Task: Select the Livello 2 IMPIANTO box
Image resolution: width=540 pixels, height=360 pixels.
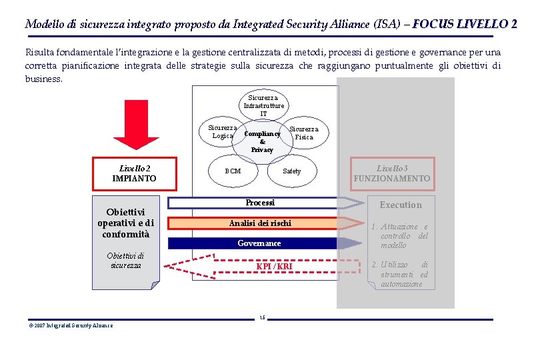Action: click(134, 173)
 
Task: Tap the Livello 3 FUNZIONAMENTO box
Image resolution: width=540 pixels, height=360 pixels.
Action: click(392, 173)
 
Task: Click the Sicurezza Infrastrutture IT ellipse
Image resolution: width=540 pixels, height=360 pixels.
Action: click(263, 105)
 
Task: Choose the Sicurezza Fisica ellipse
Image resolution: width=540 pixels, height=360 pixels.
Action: click(305, 133)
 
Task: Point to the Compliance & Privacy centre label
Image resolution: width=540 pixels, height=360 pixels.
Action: click(262, 141)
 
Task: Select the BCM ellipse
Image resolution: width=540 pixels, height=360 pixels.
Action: click(233, 171)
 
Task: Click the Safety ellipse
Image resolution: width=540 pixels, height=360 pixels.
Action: click(291, 171)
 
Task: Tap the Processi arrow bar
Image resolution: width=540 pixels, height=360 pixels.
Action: click(260, 203)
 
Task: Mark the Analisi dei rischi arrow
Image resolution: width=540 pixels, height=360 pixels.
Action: click(260, 223)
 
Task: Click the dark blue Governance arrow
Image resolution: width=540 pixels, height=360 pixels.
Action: click(260, 243)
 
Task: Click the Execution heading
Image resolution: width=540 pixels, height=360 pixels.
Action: click(401, 205)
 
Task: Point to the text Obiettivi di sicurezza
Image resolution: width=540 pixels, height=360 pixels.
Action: click(125, 261)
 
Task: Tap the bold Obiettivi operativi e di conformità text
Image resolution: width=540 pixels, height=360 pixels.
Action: click(125, 223)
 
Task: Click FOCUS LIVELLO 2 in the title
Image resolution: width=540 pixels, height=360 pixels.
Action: click(465, 25)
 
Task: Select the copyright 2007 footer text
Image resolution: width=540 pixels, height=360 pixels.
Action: click(70, 325)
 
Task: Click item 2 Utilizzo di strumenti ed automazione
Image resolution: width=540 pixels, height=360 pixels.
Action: click(401, 275)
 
